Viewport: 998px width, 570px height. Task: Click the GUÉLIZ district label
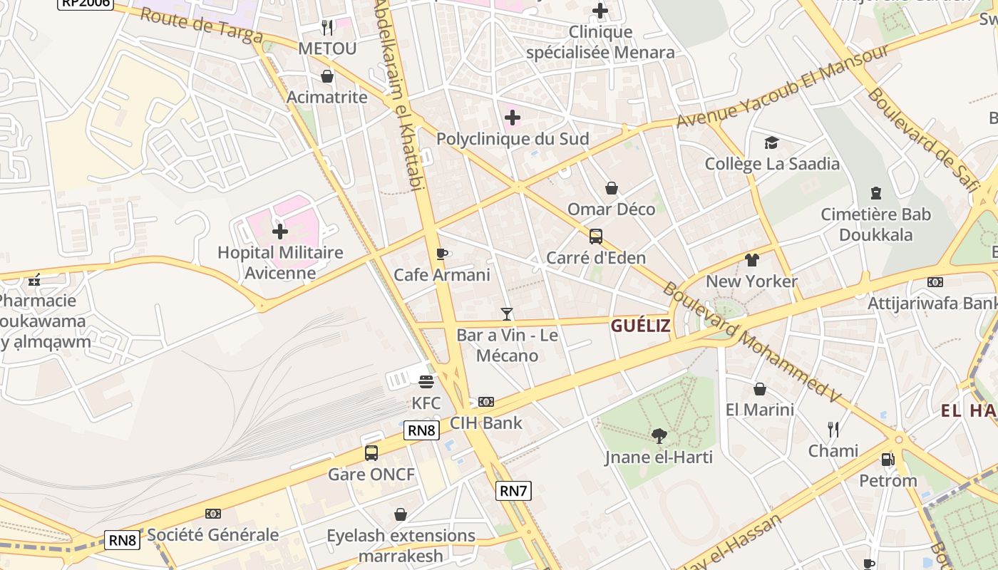tap(640, 326)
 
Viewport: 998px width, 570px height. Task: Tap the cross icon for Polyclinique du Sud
tap(512, 118)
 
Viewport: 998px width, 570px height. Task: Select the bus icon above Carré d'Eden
tap(595, 236)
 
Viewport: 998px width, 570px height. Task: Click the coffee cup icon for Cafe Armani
tap(441, 254)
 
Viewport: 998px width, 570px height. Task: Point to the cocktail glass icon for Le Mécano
tap(506, 313)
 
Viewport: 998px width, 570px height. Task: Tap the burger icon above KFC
tap(426, 382)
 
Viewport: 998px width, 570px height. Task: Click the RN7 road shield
tap(513, 490)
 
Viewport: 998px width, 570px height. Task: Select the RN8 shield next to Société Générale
tap(122, 540)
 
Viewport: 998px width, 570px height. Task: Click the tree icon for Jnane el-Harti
tap(659, 435)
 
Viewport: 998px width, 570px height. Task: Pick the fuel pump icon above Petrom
tap(888, 460)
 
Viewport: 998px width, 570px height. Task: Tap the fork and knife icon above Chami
tap(833, 429)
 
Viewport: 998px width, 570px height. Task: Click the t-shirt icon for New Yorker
tap(751, 260)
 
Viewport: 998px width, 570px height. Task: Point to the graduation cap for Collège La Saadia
tap(771, 143)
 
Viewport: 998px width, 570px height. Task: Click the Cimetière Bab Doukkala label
tap(875, 224)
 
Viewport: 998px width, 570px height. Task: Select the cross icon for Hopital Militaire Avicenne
tap(279, 232)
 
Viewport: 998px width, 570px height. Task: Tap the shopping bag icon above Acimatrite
tap(327, 76)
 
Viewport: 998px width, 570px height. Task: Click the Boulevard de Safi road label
tap(922, 140)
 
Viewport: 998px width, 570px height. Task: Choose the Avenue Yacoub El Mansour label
tap(783, 85)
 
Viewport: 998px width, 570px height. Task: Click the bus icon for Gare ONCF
tap(371, 452)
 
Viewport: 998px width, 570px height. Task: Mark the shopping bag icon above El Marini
tap(760, 389)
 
